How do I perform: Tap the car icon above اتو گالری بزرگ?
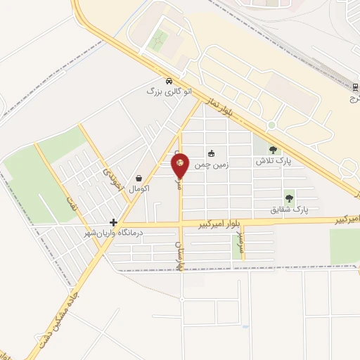pyautogui.click(x=169, y=80)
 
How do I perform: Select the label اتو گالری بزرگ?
pyautogui.click(x=169, y=91)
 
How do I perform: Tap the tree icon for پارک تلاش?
pyautogui.click(x=273, y=149)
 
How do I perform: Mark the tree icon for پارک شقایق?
pyautogui.click(x=288, y=198)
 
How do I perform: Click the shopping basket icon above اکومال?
pyautogui.click(x=139, y=179)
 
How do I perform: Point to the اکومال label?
pyautogui.click(x=139, y=188)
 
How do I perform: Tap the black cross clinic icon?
pyautogui.click(x=113, y=221)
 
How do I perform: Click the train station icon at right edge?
pyautogui.click(x=355, y=86)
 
